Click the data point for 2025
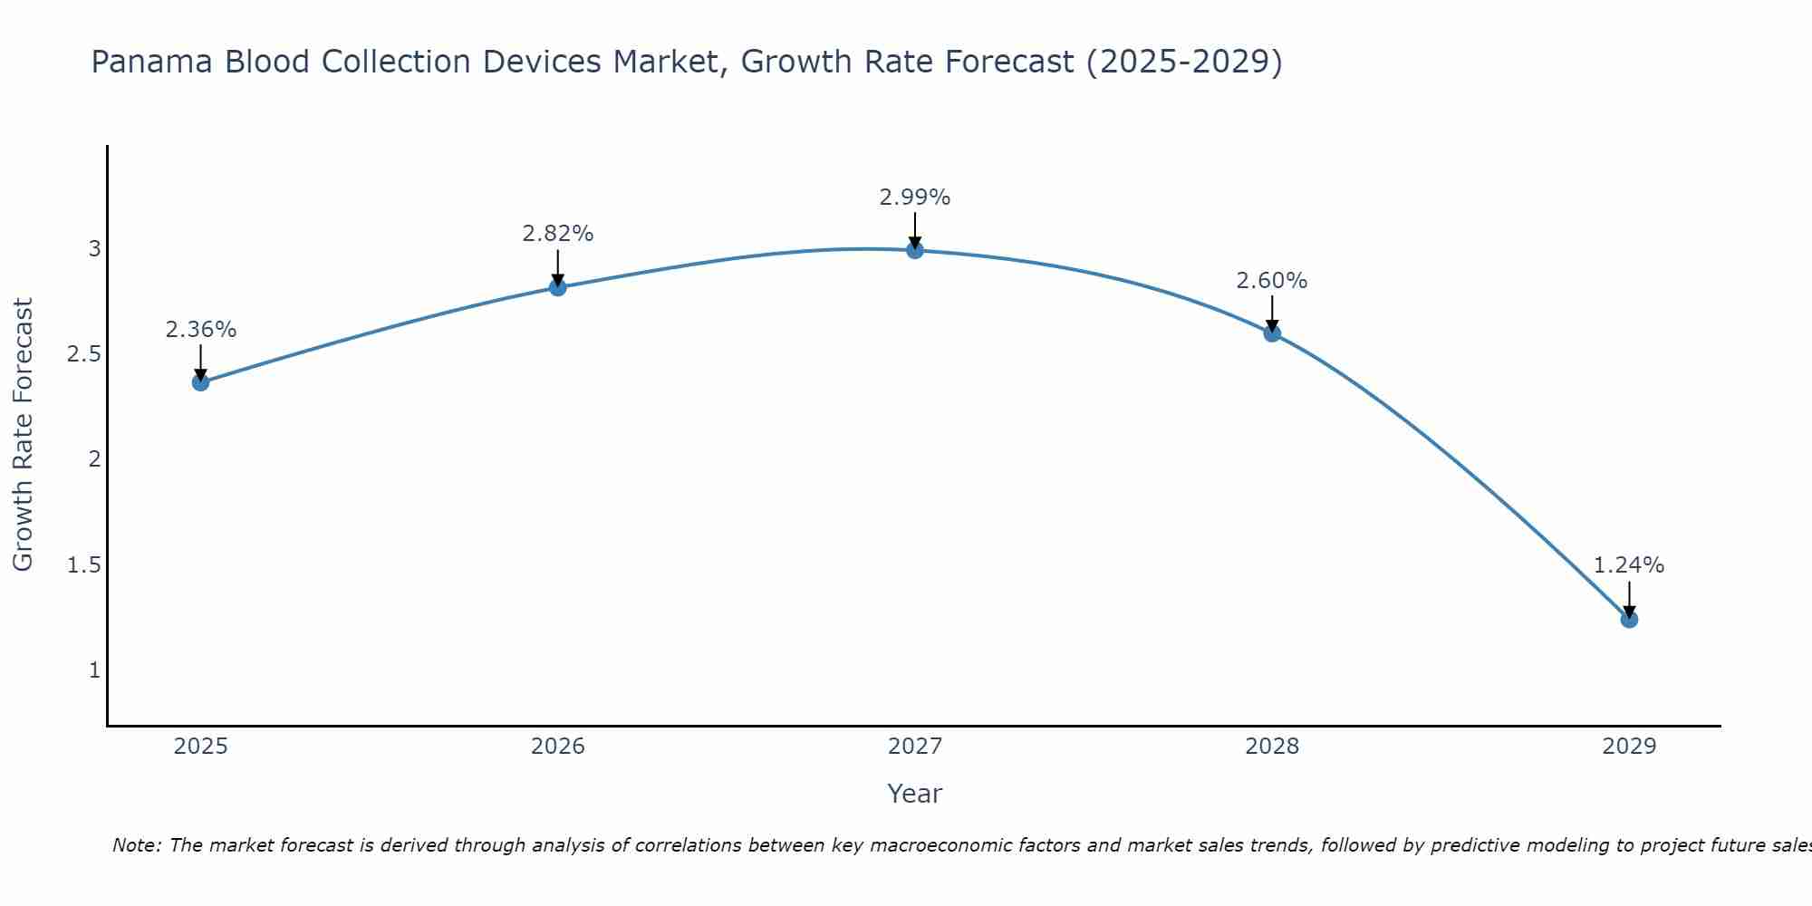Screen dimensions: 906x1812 pos(200,382)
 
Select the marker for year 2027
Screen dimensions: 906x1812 pos(915,250)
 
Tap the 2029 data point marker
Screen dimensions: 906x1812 pos(1629,620)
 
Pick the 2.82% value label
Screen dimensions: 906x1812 pos(557,234)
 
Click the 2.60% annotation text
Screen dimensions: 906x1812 pos(1272,281)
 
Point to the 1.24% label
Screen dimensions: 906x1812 pos(1629,565)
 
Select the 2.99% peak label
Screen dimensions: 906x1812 pos(915,198)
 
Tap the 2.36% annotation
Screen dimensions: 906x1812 pos(200,330)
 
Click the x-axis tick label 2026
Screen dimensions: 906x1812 pos(557,747)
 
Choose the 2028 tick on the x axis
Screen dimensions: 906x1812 pos(1272,747)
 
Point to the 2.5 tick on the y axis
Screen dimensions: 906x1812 pos(83,354)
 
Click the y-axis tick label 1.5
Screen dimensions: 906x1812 pos(83,565)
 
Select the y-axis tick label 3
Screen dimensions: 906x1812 pos(94,248)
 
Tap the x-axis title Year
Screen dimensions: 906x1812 pos(915,794)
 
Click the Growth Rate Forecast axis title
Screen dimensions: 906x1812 pos(23,435)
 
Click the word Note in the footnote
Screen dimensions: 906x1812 pos(136,845)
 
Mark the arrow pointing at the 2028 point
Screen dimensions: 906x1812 pos(1272,314)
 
